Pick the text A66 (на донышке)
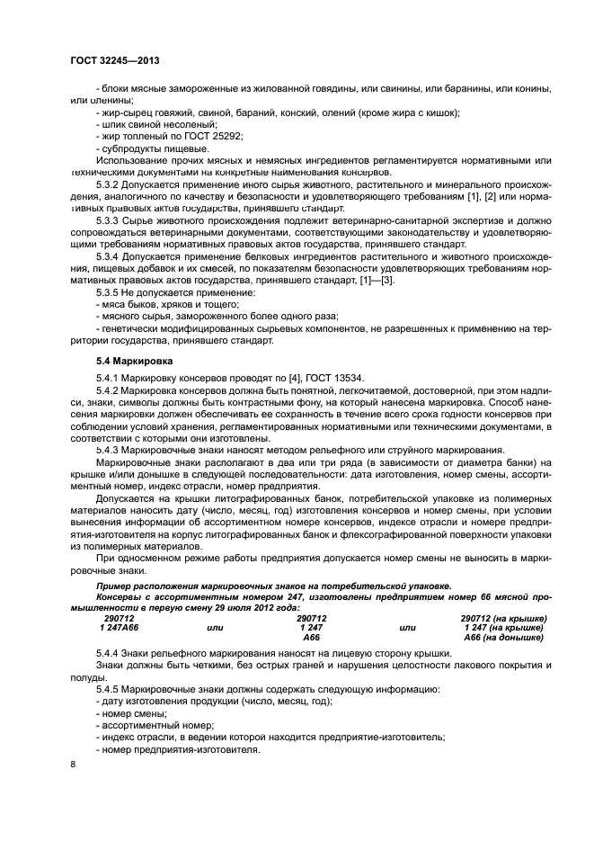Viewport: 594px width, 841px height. pos(503,637)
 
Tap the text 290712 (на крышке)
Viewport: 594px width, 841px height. pos(503,618)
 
